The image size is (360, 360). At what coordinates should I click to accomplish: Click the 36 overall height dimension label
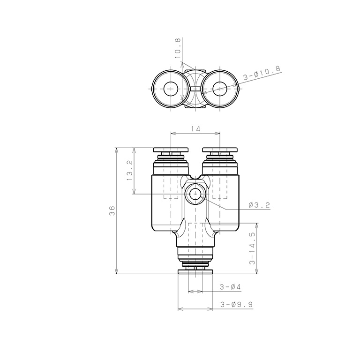click(112, 210)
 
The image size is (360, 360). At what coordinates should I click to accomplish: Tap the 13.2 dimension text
click(129, 170)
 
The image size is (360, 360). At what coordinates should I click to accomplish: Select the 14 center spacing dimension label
click(195, 129)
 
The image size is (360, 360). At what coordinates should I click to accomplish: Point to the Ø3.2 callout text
click(259, 205)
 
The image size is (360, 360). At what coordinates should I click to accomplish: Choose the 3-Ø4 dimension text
click(230, 287)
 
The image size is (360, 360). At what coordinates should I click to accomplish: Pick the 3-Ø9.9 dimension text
click(236, 304)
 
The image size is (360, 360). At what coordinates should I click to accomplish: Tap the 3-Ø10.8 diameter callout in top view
click(262, 73)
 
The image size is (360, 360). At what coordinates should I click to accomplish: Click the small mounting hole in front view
click(195, 194)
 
